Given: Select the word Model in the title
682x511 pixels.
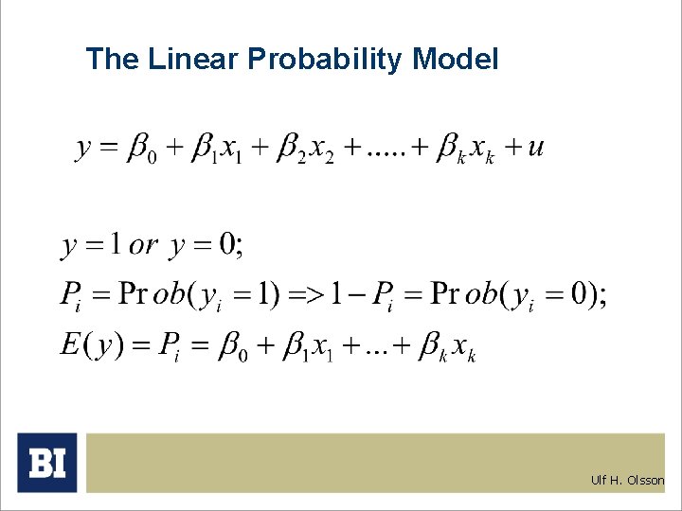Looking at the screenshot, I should pos(456,60).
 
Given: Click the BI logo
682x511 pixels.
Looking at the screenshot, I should pos(46,463).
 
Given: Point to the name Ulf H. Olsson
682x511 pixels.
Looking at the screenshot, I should pos(628,480).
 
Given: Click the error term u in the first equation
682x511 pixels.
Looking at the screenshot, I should pos(536,149).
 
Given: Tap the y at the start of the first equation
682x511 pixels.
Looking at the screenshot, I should pos(83,150).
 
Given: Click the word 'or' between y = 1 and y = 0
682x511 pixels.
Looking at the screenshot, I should pos(143,246).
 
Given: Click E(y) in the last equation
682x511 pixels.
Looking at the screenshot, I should pos(90,344).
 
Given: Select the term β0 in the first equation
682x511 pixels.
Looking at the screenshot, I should pos(142,151).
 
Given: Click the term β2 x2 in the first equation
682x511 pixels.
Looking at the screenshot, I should pos(304,151).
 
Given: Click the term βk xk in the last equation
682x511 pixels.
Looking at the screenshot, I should pos(448,346).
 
